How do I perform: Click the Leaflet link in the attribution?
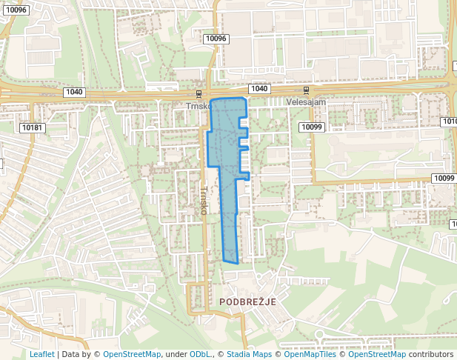(x=41, y=354)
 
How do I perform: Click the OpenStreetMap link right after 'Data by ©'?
(x=131, y=354)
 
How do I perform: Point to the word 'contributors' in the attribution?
(x=431, y=354)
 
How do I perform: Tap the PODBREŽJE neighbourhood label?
(x=247, y=302)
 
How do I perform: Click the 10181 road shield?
(x=33, y=127)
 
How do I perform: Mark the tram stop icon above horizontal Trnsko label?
(x=199, y=94)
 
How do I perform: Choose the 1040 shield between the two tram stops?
(x=258, y=89)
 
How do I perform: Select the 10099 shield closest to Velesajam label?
(x=313, y=127)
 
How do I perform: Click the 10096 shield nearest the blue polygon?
(x=216, y=39)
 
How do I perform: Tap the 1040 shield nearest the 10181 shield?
(x=74, y=92)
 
